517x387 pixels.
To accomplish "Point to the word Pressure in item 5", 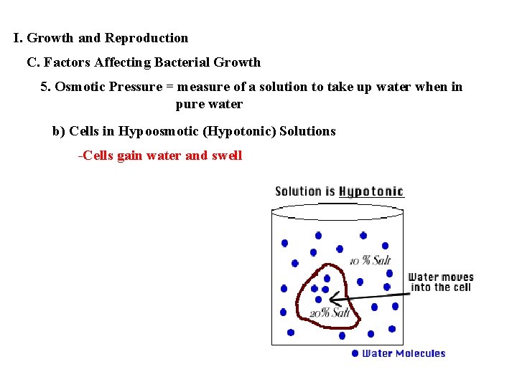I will (138, 87).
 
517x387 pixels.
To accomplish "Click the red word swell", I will (227, 156).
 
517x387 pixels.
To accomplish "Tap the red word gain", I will (129, 156).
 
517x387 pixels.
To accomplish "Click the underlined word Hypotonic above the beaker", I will (371, 191).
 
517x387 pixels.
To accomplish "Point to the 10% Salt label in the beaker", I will (370, 261).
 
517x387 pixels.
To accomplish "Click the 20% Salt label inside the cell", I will (330, 312).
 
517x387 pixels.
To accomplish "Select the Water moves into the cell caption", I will (441, 282).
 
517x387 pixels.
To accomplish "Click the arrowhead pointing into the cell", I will (333, 299).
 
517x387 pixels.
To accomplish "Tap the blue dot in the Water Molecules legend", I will (355, 353).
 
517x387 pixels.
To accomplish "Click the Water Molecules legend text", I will (404, 353).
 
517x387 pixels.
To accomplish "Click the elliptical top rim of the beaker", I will (340, 210).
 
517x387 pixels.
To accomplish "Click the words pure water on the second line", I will (209, 104).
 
